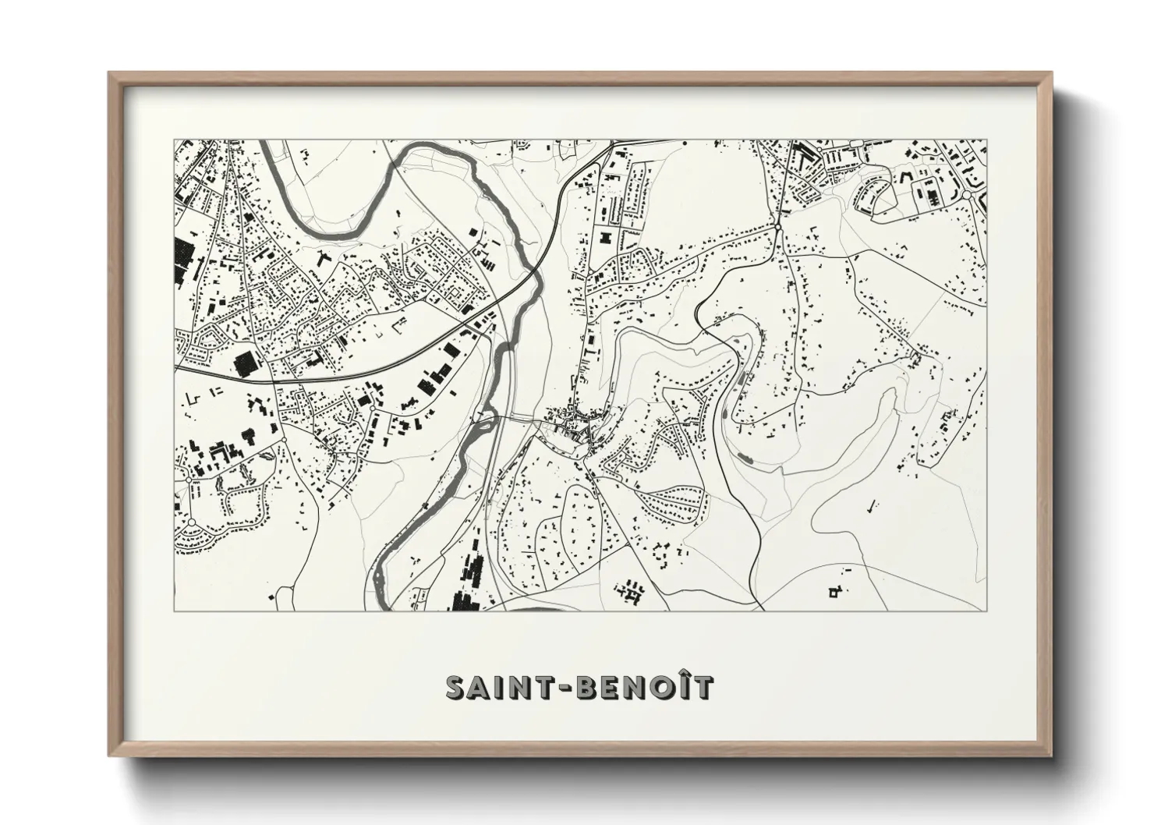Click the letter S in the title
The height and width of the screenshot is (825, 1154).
point(456,687)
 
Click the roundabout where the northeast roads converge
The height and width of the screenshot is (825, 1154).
point(778,226)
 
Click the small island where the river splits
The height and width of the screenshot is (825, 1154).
point(485,421)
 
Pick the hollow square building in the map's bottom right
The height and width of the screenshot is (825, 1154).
point(834,594)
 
